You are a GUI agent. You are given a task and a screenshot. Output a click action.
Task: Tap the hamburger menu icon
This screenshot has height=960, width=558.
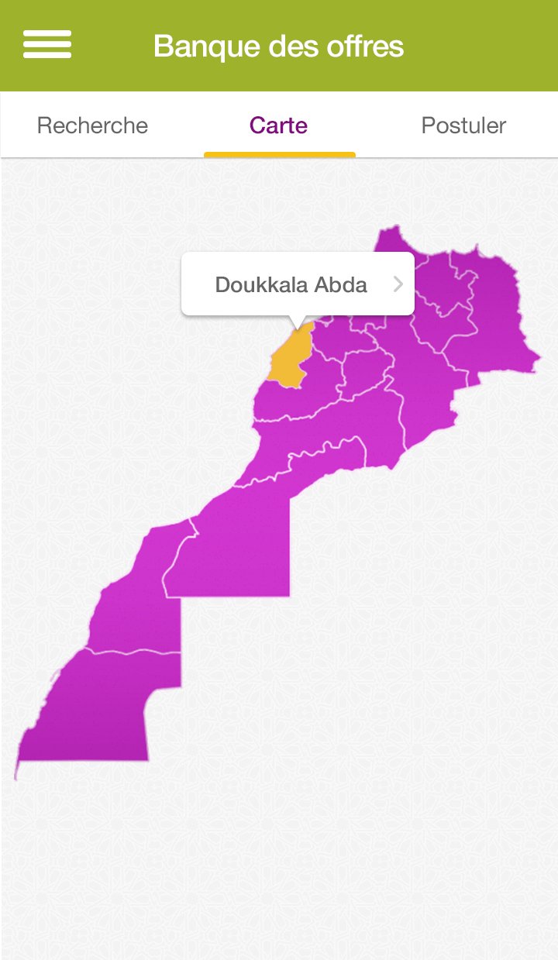click(47, 44)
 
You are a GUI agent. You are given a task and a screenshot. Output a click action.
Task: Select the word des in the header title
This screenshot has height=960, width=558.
click(291, 46)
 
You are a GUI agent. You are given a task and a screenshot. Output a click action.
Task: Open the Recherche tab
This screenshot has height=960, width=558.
click(92, 126)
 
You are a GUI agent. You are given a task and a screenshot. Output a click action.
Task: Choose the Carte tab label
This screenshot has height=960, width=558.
click(278, 126)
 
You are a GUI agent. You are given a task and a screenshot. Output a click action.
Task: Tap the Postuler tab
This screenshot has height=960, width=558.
click(463, 126)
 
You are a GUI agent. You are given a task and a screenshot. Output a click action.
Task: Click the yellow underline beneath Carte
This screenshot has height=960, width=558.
click(279, 155)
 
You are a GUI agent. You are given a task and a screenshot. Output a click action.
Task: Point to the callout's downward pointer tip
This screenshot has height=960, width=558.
click(297, 329)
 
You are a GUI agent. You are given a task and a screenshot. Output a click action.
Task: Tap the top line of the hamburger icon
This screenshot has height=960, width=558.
click(47, 33)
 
